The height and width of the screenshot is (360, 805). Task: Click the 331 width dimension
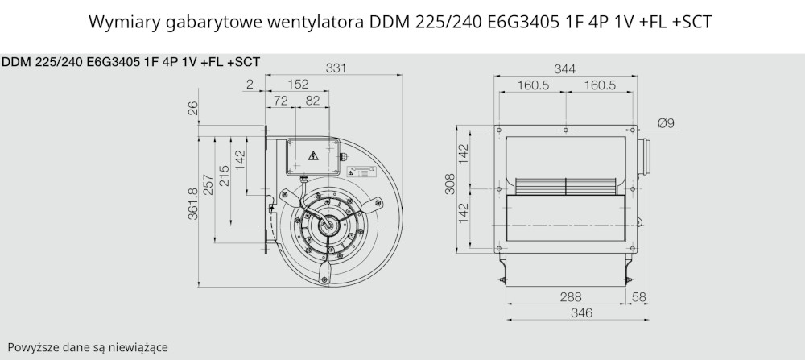click(x=336, y=68)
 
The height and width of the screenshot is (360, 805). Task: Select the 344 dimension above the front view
click(x=565, y=68)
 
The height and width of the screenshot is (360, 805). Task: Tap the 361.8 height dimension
click(x=193, y=204)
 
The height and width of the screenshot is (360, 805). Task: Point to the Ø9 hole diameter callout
click(x=666, y=123)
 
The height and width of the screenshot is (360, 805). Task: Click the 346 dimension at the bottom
click(x=581, y=312)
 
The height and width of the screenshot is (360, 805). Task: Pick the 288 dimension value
click(x=571, y=297)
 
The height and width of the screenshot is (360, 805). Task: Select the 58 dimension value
click(x=639, y=297)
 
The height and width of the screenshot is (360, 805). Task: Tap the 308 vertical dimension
click(x=450, y=184)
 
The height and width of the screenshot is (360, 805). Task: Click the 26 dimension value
click(x=193, y=109)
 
